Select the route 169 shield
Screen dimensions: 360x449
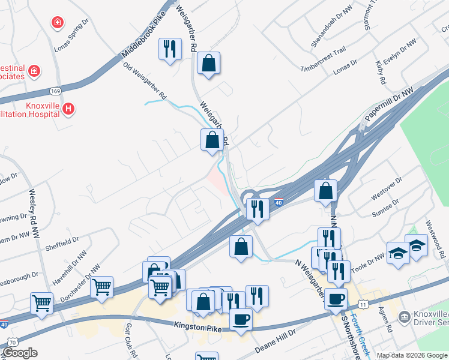[x=56, y=91]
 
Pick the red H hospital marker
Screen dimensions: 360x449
[x=69, y=109]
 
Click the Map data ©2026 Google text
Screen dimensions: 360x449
[x=411, y=355]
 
